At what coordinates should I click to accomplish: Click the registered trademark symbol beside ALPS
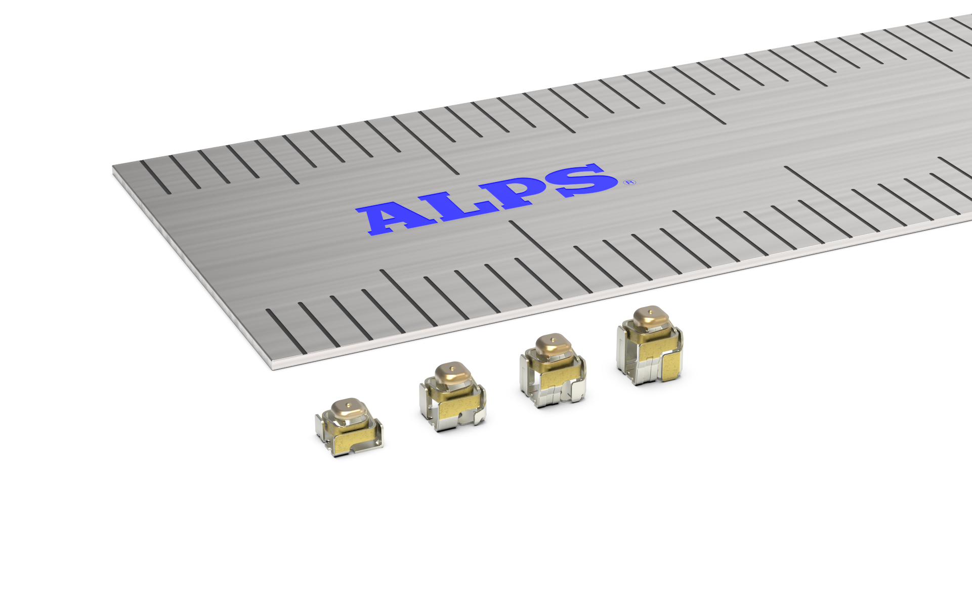630,182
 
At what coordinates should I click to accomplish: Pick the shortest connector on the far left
349,428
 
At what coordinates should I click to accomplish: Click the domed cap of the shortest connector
348,409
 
